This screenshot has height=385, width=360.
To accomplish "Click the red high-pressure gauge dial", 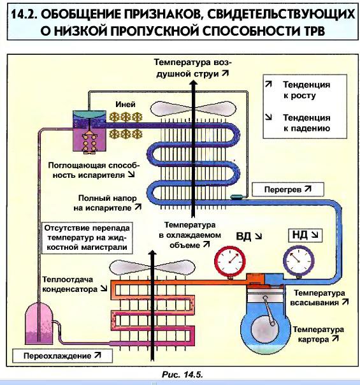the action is click(230, 261).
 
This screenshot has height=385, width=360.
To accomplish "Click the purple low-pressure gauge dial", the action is click(298, 261).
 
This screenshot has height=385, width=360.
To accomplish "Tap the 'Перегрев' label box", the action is click(288, 189).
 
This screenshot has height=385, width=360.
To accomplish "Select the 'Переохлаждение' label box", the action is click(62, 356).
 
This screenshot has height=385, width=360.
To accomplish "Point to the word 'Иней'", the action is click(126, 105).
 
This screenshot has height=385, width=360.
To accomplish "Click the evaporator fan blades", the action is click(193, 109).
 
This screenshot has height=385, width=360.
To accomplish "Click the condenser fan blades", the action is click(152, 267).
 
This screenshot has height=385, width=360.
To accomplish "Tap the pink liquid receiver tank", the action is click(40, 323).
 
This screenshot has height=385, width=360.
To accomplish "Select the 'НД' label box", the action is click(305, 235).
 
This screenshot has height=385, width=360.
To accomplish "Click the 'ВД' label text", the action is click(243, 236).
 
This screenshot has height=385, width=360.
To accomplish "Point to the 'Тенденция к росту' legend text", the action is click(306, 90).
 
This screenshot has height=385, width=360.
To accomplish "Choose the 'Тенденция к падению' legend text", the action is click(306, 123).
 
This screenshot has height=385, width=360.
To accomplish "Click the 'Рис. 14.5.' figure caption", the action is click(182, 375).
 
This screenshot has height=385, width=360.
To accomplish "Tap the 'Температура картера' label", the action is click(319, 334).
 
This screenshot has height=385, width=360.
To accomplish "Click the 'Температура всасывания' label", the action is click(319, 298).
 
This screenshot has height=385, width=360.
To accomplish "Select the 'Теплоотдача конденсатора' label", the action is click(75, 284).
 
